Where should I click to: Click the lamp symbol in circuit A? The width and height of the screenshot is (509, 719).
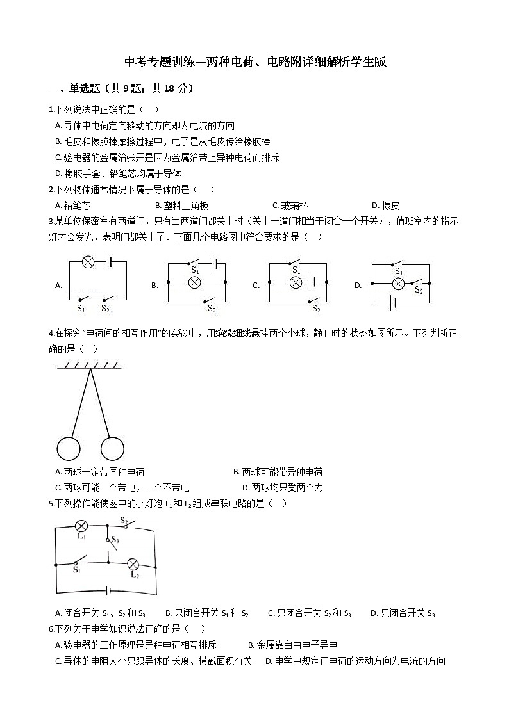(90, 261)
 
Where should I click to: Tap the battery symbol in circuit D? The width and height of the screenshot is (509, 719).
(397, 302)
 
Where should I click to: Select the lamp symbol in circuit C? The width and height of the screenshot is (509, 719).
(296, 282)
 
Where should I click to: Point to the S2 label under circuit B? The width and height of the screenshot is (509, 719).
(212, 309)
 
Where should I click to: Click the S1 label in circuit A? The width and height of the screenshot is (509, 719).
(81, 309)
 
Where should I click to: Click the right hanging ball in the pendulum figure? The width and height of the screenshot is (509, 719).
(113, 448)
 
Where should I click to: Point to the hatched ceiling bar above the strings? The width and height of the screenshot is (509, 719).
(90, 366)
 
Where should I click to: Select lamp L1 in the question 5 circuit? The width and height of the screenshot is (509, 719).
(81, 526)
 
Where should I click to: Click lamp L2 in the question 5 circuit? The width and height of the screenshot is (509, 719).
(133, 563)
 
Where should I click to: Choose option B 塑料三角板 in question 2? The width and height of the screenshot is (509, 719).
(182, 206)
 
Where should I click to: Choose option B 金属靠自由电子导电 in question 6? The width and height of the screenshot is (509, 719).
(292, 645)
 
